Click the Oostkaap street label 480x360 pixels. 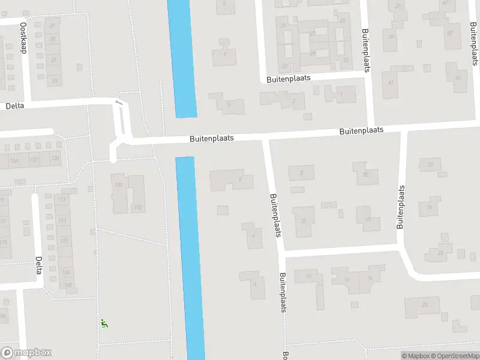pos(24,38)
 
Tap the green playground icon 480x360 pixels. pos(104,324)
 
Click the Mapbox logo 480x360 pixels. pos(26,353)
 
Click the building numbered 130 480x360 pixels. pos(119,185)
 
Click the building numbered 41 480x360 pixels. pos(390,82)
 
